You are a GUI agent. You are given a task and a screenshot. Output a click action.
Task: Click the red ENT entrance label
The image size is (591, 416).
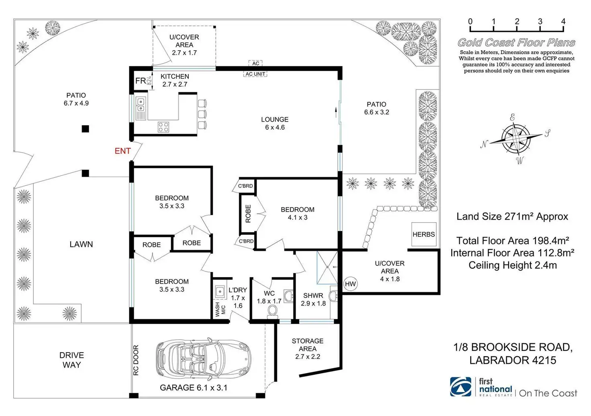(x=123, y=151)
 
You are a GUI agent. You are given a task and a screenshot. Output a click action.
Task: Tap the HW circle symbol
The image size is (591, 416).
(x=351, y=284)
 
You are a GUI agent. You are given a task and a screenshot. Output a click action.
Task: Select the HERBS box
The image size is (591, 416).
(x=424, y=234)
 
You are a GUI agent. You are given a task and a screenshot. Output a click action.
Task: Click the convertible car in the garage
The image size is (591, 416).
(x=204, y=359)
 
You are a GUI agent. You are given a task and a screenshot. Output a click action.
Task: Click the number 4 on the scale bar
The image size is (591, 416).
(x=563, y=21)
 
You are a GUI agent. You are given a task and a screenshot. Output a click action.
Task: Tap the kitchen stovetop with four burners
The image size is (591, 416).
(x=163, y=127)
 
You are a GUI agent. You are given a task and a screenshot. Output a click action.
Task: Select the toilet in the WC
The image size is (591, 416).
(x=273, y=312)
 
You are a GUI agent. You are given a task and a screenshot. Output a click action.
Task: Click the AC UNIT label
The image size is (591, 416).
(x=255, y=74)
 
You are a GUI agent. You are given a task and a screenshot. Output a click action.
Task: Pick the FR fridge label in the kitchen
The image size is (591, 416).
(x=141, y=81)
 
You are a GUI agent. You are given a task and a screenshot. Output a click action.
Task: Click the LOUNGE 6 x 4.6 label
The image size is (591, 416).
(x=275, y=123)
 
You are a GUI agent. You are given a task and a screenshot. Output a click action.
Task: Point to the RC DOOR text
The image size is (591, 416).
(x=136, y=360)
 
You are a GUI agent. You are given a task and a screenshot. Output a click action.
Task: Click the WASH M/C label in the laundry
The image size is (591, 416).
(x=220, y=310)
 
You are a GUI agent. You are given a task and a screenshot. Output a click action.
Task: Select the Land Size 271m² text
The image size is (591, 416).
(x=512, y=216)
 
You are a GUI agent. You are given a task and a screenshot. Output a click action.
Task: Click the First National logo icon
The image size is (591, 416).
(x=461, y=387)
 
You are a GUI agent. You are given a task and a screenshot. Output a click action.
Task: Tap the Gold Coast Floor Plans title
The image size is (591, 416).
(x=516, y=43)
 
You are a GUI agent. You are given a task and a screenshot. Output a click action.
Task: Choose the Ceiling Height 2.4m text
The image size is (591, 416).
(x=513, y=265)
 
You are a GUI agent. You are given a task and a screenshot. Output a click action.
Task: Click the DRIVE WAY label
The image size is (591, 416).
(x=72, y=360)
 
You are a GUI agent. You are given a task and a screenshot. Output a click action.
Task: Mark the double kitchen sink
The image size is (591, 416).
(x=141, y=105)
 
